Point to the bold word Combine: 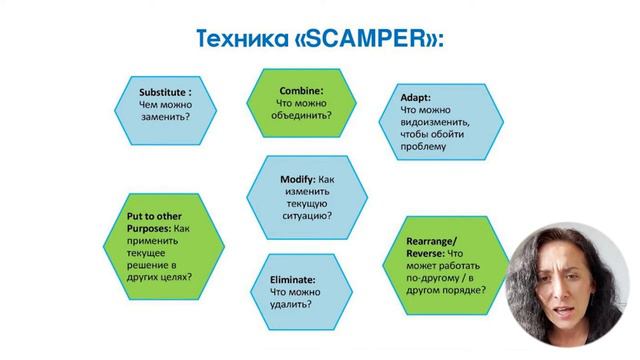coord(302,88)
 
